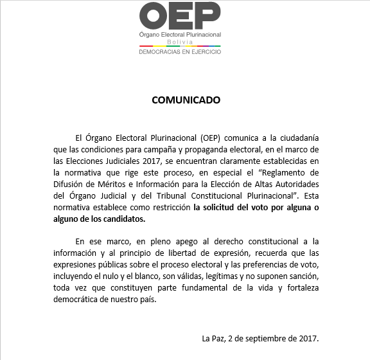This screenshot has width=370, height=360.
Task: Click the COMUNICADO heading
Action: [186, 100]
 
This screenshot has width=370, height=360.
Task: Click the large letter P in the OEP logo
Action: [207, 16]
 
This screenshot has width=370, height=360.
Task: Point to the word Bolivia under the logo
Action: [180, 41]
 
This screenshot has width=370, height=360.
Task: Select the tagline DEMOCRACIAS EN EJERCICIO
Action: [180, 52]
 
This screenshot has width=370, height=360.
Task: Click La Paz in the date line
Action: [212, 338]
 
